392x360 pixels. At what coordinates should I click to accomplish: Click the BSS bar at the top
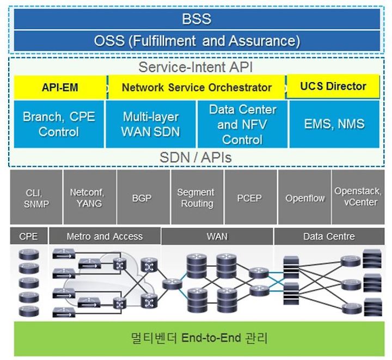click(x=197, y=19)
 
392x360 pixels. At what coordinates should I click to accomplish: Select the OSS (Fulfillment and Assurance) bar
click(x=197, y=41)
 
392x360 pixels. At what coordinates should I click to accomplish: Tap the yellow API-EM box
click(x=60, y=87)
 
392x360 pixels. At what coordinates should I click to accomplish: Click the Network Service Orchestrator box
click(x=197, y=87)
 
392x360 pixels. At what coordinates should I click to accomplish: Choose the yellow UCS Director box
click(x=333, y=86)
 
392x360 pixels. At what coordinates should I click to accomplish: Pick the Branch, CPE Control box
click(x=59, y=124)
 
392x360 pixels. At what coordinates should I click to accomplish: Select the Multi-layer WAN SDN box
click(x=150, y=124)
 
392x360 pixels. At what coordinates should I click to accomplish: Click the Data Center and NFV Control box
click(x=242, y=124)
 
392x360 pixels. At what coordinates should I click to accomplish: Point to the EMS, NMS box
click(x=334, y=124)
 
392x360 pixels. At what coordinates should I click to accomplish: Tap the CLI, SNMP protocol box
click(x=36, y=197)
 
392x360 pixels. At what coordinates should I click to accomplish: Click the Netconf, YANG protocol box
click(x=90, y=197)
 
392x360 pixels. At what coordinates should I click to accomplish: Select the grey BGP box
click(x=143, y=197)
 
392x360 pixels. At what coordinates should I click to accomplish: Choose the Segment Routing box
click(x=197, y=197)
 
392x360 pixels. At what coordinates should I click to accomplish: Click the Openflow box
click(x=305, y=197)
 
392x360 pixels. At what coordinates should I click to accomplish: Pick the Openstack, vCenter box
click(x=358, y=197)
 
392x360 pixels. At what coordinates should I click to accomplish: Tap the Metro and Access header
click(x=105, y=236)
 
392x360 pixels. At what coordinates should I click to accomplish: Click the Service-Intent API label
click(x=195, y=67)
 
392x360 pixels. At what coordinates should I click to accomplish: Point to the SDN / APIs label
click(x=195, y=157)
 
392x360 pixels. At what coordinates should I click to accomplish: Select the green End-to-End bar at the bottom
click(x=199, y=339)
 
